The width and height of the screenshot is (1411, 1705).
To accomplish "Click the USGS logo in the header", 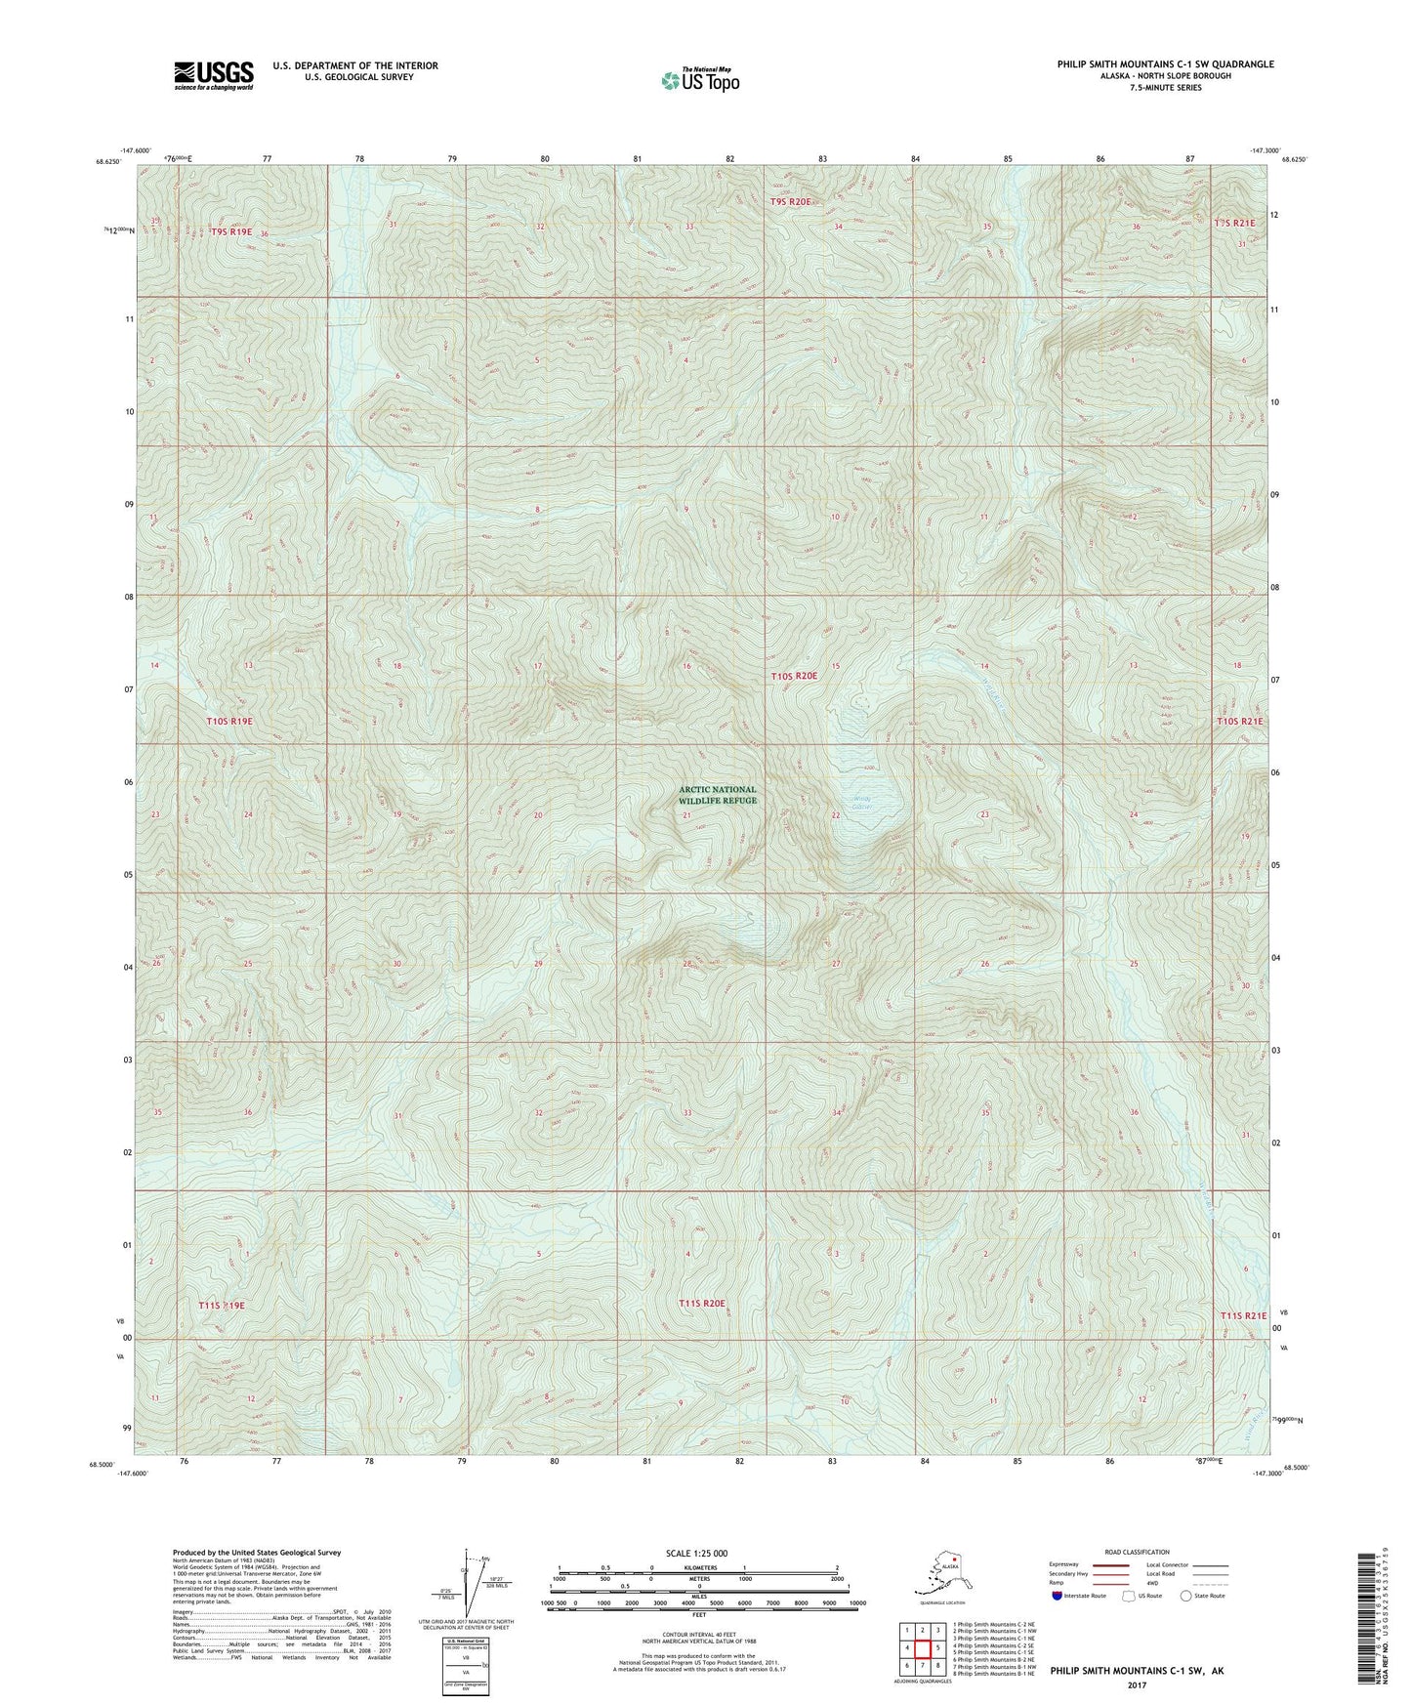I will pos(213,74).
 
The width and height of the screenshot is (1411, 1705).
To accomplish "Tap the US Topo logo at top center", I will pos(699,80).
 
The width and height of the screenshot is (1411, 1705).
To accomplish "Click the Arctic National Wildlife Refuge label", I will pos(718,795).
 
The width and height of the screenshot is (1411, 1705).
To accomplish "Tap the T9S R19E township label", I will pos(231,232).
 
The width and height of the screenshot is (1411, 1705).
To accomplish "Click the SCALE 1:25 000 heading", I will pos(696,1553).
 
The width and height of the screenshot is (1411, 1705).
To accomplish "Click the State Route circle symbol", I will pos(1186,1596).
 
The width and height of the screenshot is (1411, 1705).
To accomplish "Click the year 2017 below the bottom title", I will pos(1137,1684).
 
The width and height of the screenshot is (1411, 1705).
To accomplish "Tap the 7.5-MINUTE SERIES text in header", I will pos(1165,88).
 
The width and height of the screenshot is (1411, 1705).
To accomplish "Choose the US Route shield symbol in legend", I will pos(1130,1596).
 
